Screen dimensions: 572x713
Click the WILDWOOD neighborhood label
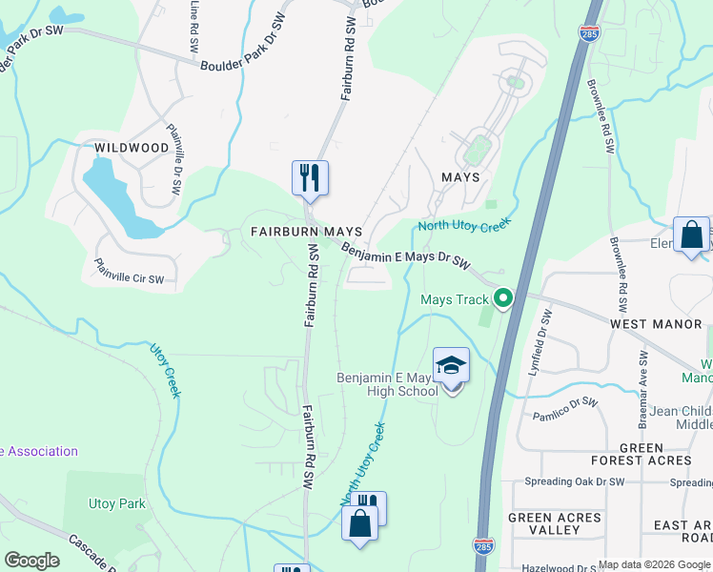coord(132,148)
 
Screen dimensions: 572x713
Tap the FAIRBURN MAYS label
coord(306,232)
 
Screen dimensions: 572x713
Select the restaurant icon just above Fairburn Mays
coord(310,178)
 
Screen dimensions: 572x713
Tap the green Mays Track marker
coord(502,298)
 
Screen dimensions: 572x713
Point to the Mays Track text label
coord(455,300)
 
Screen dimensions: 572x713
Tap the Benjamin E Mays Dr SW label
coord(406,255)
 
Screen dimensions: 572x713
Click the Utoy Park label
coord(117,503)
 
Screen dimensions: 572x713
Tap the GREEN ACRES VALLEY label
coord(555,524)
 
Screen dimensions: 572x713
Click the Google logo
coord(31,561)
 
